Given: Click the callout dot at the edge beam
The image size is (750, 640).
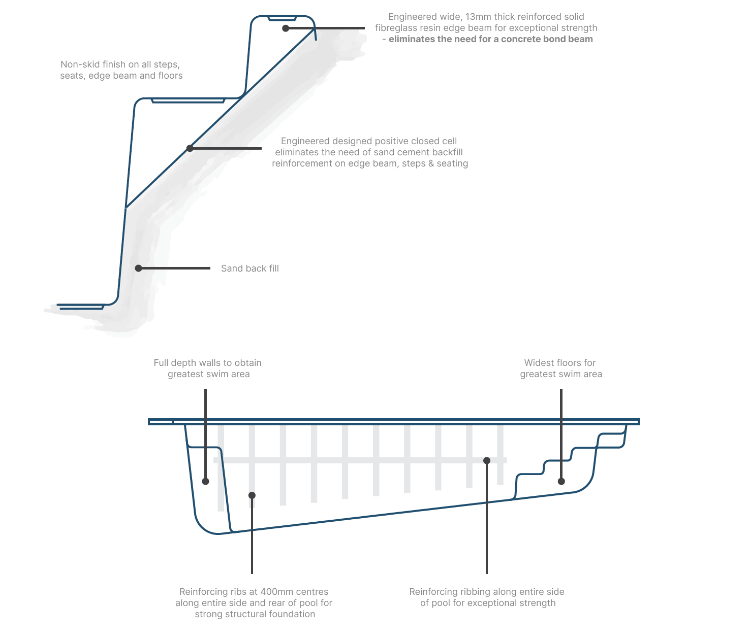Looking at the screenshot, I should click(286, 28).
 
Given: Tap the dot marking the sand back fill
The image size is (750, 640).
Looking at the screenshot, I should click(138, 268).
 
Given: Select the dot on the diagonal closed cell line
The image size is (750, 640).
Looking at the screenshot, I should click(190, 148).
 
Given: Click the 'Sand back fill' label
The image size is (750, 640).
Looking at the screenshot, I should click(249, 268).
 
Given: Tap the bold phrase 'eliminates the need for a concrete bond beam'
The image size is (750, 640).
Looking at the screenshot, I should click(490, 39).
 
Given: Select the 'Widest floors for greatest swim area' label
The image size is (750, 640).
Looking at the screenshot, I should click(560, 368).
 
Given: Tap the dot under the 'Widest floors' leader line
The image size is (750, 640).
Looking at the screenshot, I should click(561, 481).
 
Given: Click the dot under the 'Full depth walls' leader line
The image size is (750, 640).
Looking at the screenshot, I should click(205, 481).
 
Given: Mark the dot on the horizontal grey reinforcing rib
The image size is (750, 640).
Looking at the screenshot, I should click(486, 460).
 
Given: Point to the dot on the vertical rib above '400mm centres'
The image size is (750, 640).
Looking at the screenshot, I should click(252, 495).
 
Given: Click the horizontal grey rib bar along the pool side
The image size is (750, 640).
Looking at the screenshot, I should click(356, 460).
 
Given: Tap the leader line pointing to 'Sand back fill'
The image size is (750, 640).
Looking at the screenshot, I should click(175, 268).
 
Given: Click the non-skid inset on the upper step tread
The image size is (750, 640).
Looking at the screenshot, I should click(188, 100).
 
